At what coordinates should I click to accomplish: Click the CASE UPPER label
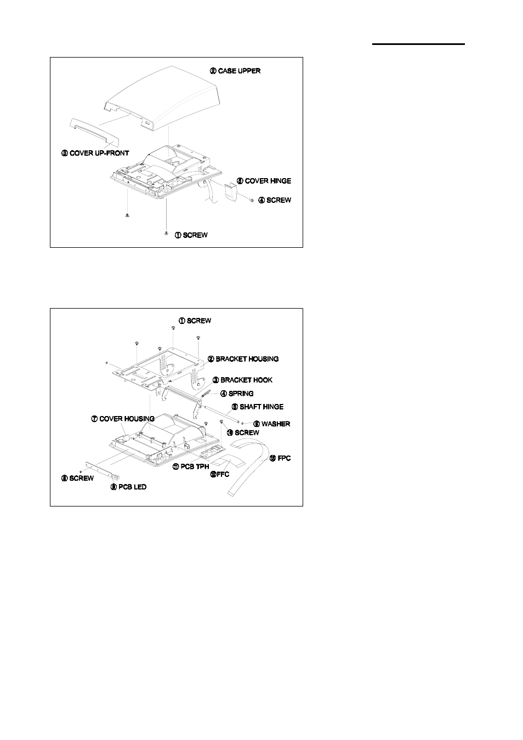pyautogui.click(x=235, y=71)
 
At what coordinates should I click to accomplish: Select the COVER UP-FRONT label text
pyautogui.click(x=95, y=153)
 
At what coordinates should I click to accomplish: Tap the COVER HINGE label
pyautogui.click(x=264, y=181)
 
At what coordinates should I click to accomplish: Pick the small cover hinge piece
pyautogui.click(x=233, y=192)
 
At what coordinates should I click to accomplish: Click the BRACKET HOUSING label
pyautogui.click(x=243, y=359)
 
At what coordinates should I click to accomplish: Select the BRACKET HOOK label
pyautogui.click(x=242, y=380)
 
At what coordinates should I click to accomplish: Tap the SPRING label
pyautogui.click(x=237, y=394)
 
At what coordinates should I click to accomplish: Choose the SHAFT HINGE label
pyautogui.click(x=257, y=407)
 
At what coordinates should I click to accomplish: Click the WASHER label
pyautogui.click(x=271, y=424)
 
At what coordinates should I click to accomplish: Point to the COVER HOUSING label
pyautogui.click(x=123, y=419)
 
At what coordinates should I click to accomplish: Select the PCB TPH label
pyautogui.click(x=191, y=466)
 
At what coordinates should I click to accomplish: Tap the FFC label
pyautogui.click(x=220, y=474)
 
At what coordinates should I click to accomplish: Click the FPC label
pyautogui.click(x=280, y=458)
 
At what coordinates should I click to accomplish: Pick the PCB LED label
pyautogui.click(x=128, y=487)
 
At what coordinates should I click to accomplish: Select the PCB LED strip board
pyautogui.click(x=103, y=470)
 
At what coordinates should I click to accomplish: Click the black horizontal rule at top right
pyautogui.click(x=418, y=44)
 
